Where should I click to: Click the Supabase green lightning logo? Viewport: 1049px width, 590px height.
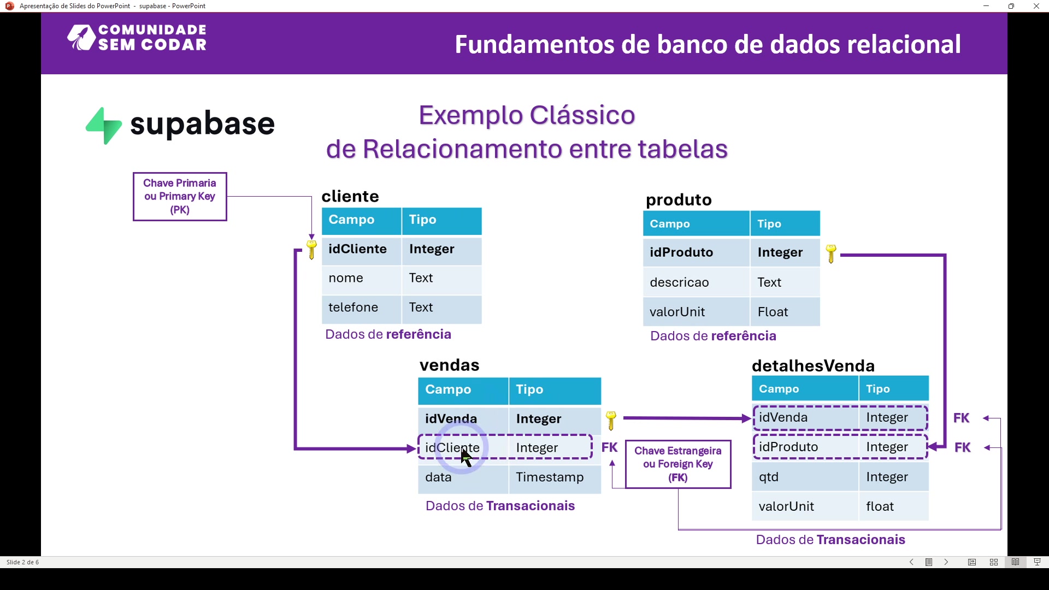tap(104, 126)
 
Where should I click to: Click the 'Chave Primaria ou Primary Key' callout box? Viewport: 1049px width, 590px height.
tap(180, 197)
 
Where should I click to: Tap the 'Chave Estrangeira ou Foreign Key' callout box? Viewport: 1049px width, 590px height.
tap(678, 464)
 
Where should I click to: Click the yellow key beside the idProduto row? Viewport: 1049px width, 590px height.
tap(831, 253)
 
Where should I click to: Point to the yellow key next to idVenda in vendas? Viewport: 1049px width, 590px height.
tap(611, 420)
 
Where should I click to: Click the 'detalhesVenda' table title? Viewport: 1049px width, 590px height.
tap(813, 366)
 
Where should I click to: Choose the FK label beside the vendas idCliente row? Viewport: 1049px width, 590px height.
tap(609, 448)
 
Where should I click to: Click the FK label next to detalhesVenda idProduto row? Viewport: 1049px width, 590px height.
tap(963, 448)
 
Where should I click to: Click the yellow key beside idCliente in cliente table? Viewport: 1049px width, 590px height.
tap(311, 250)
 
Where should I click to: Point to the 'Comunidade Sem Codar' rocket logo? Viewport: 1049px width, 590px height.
tap(81, 38)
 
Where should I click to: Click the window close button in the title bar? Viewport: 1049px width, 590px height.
tap(1036, 6)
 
